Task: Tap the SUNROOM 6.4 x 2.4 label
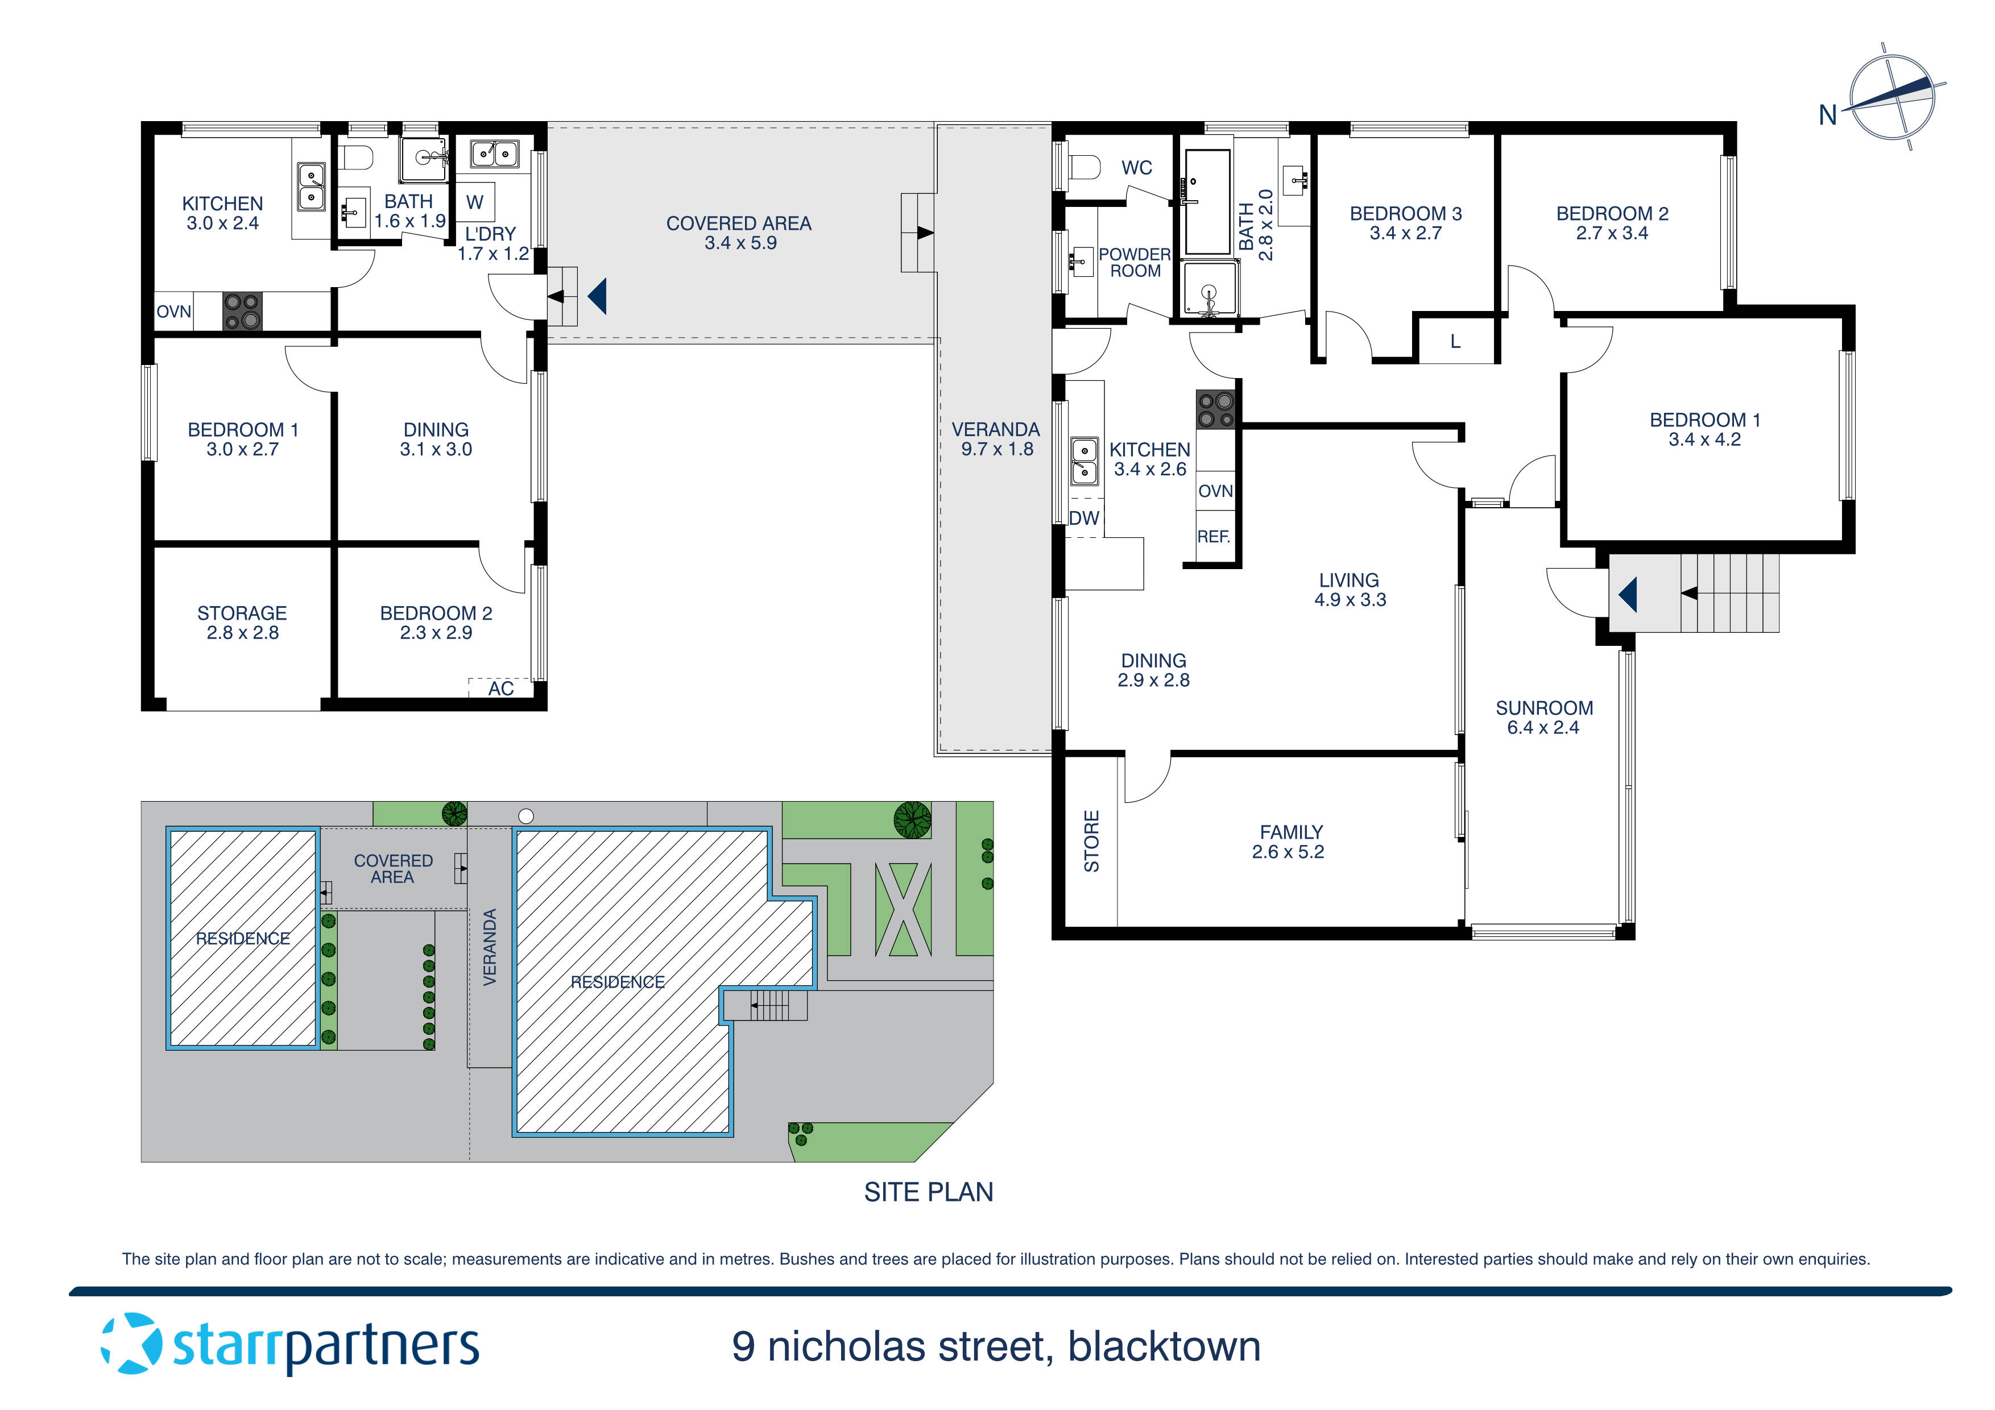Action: point(1543,718)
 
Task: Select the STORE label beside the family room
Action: point(1091,841)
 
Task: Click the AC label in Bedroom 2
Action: point(500,688)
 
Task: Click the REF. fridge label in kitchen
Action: point(1214,537)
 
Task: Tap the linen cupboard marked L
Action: point(1455,342)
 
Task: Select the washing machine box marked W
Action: point(474,202)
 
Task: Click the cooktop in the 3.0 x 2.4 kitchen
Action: point(242,311)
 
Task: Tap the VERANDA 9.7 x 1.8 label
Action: point(996,439)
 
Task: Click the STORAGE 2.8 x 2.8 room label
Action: point(242,623)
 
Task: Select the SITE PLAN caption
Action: point(928,1192)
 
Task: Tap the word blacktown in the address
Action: point(1164,1346)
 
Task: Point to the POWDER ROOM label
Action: point(1135,262)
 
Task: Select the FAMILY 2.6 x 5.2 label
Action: point(1289,842)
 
